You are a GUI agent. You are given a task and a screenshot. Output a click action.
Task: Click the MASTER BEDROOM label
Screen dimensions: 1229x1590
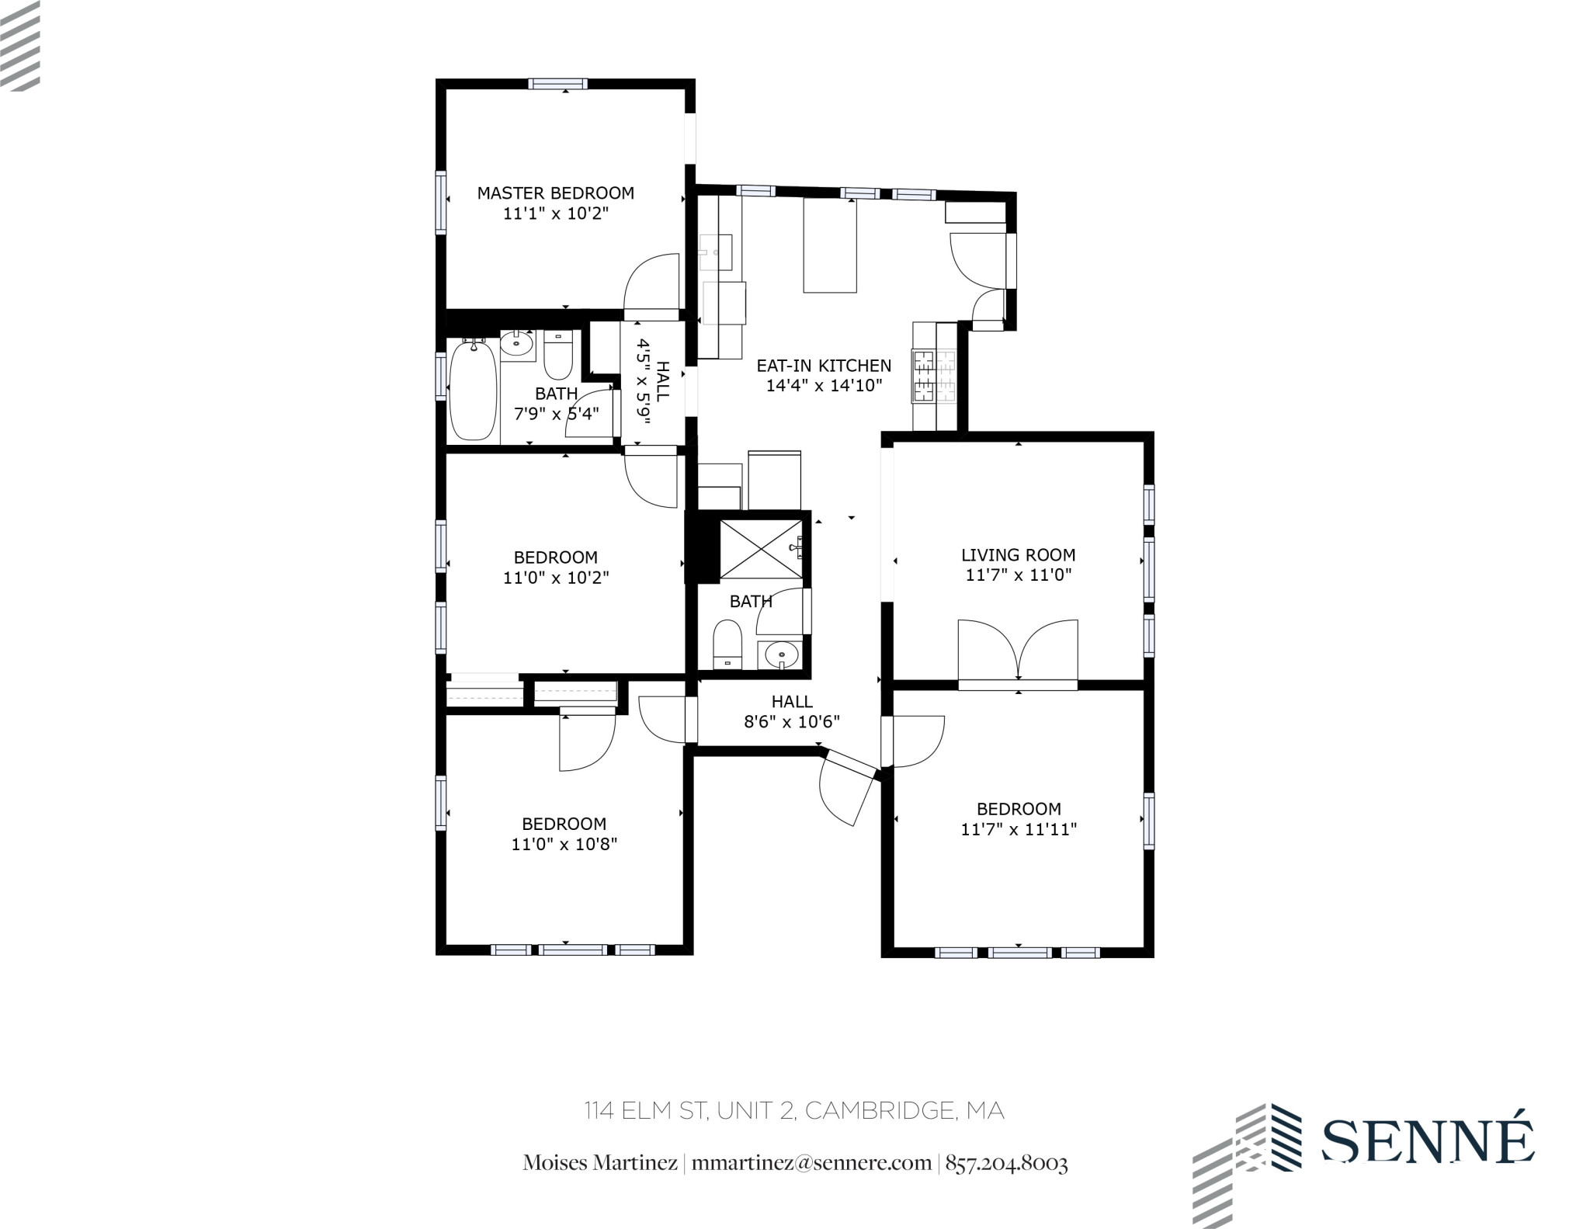(555, 193)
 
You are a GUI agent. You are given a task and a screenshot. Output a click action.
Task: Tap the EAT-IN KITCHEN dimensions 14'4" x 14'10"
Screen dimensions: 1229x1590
(824, 385)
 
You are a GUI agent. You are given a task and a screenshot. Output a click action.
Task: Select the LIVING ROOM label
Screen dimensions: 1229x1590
(1018, 554)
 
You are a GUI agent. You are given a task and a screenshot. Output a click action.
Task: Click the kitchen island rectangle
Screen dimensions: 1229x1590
(829, 245)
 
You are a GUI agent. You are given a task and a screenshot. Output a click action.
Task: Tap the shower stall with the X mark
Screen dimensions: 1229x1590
(760, 550)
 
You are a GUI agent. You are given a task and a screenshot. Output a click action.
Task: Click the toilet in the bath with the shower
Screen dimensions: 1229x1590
(727, 644)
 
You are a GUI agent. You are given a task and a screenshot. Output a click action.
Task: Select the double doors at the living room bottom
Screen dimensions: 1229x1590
(1018, 652)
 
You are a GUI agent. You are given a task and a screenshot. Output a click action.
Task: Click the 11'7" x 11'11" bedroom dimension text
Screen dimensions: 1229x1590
(1018, 829)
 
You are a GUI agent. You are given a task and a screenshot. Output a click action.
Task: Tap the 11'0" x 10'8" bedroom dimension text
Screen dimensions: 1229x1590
(564, 844)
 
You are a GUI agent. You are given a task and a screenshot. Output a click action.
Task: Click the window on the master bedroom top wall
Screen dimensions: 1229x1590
(558, 84)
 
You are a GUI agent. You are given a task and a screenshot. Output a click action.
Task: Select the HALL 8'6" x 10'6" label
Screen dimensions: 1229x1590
(792, 711)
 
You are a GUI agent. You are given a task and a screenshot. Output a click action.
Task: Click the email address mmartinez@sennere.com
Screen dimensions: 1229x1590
(811, 1163)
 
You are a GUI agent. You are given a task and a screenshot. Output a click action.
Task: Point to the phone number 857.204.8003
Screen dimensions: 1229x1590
(1006, 1163)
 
